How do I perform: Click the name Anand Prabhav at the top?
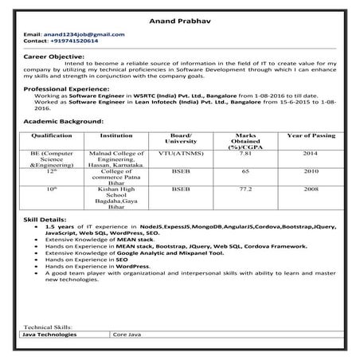179,21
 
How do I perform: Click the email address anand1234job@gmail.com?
81,35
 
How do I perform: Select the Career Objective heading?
54,57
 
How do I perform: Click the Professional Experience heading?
66,87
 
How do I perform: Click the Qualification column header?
51,136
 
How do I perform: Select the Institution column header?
116,136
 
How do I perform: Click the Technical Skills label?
48,327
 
